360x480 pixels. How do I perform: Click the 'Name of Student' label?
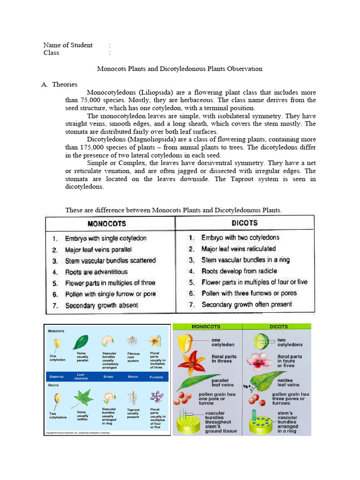68,45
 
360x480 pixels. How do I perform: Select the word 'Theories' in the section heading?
65,84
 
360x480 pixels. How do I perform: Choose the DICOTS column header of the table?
244,223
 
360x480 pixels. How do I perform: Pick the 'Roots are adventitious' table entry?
96,272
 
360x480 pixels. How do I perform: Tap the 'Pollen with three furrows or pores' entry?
249,293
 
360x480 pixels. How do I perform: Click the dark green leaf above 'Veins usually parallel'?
82,341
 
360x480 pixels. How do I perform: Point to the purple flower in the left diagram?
156,397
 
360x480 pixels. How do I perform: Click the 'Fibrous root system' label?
134,357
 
